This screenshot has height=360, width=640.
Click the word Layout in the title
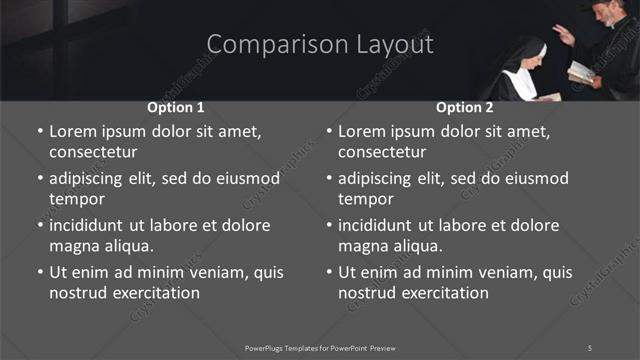point(396,45)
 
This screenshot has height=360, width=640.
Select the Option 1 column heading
point(176,107)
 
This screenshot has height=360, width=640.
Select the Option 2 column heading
point(465,107)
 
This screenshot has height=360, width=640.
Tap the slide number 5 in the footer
point(590,348)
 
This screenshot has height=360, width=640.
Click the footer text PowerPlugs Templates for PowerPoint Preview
point(320,348)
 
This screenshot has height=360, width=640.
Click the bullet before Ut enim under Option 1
point(39,272)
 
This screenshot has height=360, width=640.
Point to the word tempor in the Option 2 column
point(366,199)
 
